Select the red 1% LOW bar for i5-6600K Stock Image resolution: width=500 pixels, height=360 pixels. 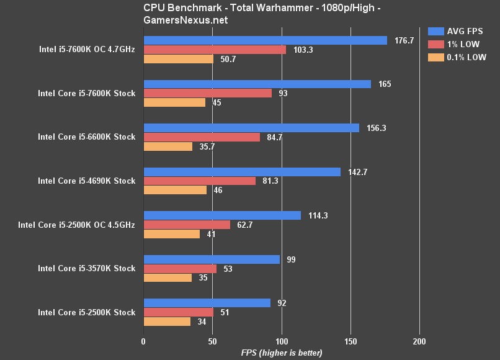(202, 137)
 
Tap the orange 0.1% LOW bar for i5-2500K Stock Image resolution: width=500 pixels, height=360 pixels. (167, 322)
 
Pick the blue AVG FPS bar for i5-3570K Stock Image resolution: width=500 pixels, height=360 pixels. (212, 259)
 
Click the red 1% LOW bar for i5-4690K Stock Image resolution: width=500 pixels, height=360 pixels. (199, 181)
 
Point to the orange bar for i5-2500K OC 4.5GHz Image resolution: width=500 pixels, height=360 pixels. (171, 234)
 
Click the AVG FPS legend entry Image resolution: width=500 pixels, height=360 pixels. (457, 30)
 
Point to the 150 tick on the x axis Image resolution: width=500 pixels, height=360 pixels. (350, 341)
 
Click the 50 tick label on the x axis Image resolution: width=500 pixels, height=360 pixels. (212, 341)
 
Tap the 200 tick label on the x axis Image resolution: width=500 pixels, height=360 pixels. (419, 341)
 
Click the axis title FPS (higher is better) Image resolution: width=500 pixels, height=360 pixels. (282, 353)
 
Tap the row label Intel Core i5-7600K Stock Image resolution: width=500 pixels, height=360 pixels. (86, 93)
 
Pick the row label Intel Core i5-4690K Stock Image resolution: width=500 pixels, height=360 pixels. (86, 181)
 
